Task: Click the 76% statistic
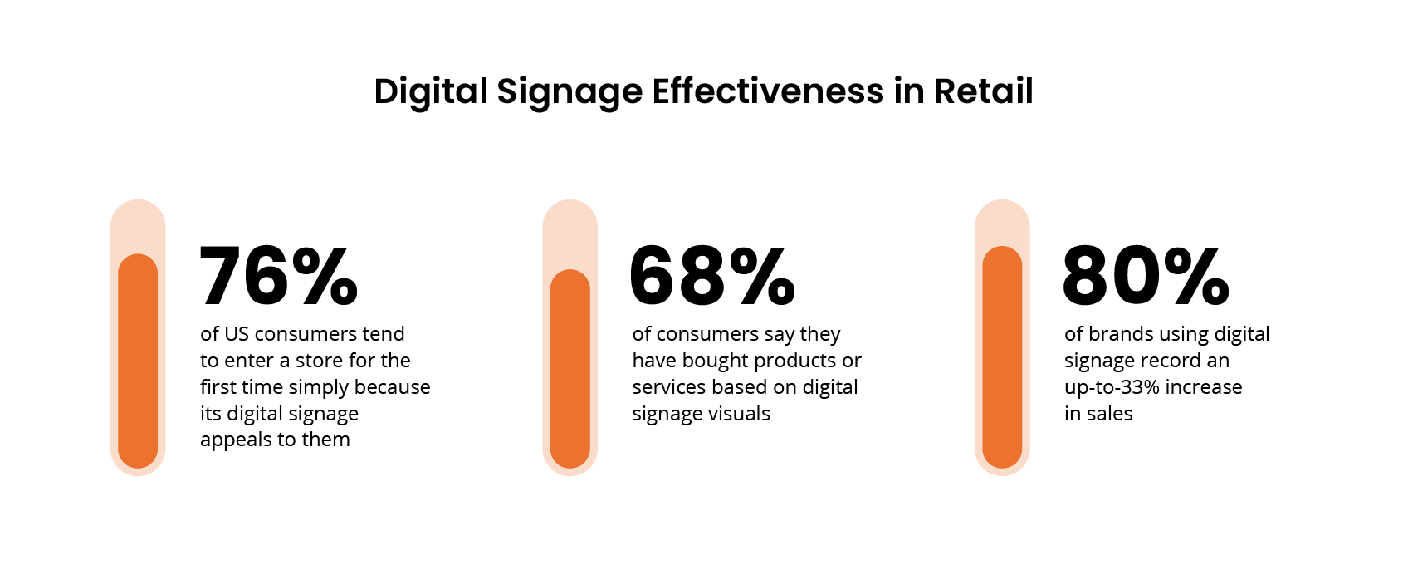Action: coord(279,276)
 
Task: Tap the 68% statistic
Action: coord(712,276)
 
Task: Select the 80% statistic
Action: coord(1146,276)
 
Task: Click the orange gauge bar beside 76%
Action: coord(138,361)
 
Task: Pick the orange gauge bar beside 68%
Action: coord(570,370)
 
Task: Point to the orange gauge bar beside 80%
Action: coord(1002,357)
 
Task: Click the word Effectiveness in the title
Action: coord(768,91)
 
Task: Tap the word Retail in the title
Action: coord(984,91)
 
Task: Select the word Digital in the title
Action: coord(430,91)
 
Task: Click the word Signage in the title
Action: coord(570,92)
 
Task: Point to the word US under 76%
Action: coord(237,334)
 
